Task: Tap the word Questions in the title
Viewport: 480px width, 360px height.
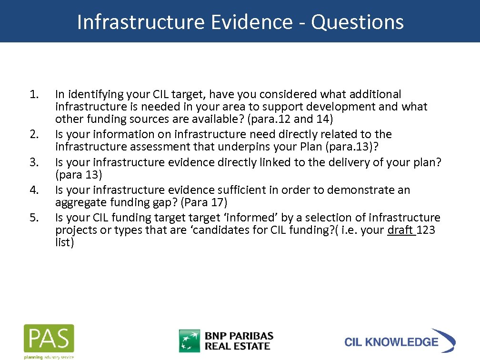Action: tap(358, 22)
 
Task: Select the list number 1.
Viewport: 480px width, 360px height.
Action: tap(33, 94)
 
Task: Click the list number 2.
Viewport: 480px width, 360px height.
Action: tap(33, 134)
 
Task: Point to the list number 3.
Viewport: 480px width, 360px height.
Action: tap(33, 162)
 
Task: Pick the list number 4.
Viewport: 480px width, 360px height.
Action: tap(33, 190)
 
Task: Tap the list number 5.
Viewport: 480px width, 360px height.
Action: tap(33, 218)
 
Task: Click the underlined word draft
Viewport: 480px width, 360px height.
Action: tap(400, 230)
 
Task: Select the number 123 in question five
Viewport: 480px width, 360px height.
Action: tap(426, 230)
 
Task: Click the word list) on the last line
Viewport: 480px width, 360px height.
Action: tap(65, 243)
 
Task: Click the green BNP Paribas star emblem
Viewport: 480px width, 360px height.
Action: tap(190, 340)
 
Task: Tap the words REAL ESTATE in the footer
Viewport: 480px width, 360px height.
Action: tap(238, 346)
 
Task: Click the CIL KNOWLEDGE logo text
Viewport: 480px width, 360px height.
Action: tap(391, 342)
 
